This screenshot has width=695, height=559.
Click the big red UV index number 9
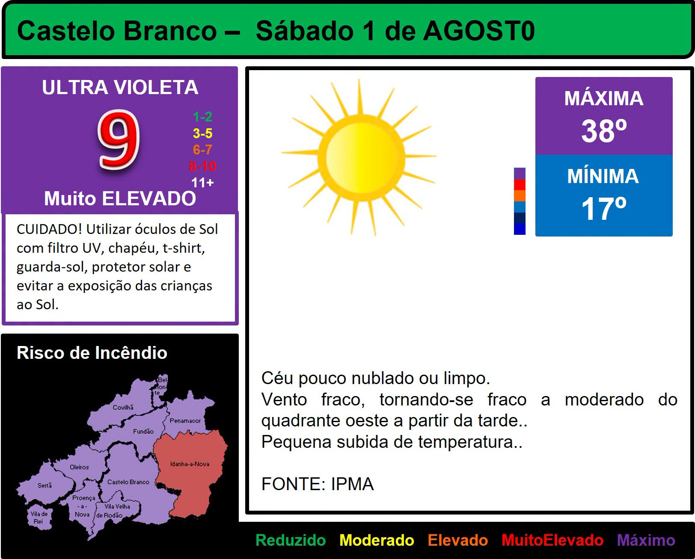tap(119, 140)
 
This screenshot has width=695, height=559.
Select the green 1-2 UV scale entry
tap(202, 117)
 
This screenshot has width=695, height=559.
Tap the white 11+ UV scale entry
tap(202, 183)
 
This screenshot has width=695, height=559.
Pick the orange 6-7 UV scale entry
tap(202, 150)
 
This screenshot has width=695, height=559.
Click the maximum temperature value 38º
tap(604, 131)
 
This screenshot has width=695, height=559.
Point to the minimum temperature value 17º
tap(604, 209)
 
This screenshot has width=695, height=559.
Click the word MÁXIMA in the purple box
tap(604, 98)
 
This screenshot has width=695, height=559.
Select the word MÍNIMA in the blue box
tap(603, 176)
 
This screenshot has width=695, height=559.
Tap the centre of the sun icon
tap(361, 157)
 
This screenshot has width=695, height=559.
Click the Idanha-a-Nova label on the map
tap(190, 464)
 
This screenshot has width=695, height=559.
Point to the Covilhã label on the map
tap(123, 407)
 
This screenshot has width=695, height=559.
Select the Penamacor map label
tap(185, 420)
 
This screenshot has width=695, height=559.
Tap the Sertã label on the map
tap(45, 485)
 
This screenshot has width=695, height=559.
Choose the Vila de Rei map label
tap(39, 518)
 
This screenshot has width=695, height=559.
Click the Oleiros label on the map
tap(80, 467)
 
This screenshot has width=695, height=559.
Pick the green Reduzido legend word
tap(291, 540)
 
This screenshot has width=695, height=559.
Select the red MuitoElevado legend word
tap(552, 540)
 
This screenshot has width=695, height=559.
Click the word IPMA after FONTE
tap(352, 484)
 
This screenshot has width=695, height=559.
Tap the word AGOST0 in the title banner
tap(479, 31)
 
